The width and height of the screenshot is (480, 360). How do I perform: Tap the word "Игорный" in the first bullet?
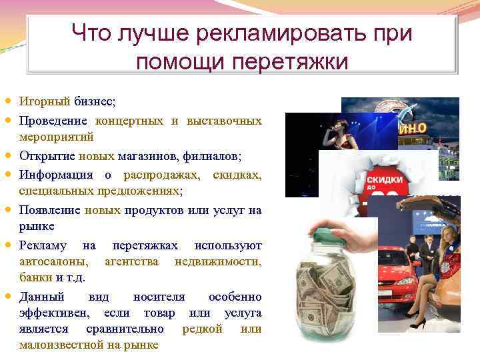45,101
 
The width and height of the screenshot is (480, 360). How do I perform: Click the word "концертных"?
129,121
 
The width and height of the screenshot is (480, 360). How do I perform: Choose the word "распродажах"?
161,175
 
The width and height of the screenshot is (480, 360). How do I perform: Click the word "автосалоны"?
55,261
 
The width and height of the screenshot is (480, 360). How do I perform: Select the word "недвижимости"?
218,261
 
